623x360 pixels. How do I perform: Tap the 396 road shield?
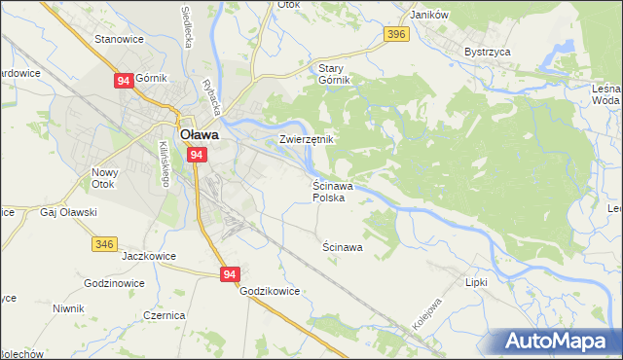pyautogui.click(x=394, y=35)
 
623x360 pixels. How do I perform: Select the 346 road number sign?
pyautogui.click(x=106, y=243)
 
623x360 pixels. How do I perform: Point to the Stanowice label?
pyautogui.click(x=119, y=39)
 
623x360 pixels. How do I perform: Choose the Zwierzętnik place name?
pyautogui.click(x=307, y=139)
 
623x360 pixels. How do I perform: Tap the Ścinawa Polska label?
pyautogui.click(x=333, y=191)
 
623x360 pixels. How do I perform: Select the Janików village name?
pyautogui.click(x=428, y=15)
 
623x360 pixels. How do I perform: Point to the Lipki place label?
pyautogui.click(x=476, y=280)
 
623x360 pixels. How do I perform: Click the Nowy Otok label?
pyautogui.click(x=104, y=178)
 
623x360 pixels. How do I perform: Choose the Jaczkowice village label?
pyautogui.click(x=148, y=257)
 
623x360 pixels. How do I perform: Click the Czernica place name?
pyautogui.click(x=165, y=316)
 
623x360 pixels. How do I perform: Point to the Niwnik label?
pyautogui.click(x=69, y=308)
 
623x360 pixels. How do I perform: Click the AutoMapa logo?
pyautogui.click(x=557, y=342)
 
